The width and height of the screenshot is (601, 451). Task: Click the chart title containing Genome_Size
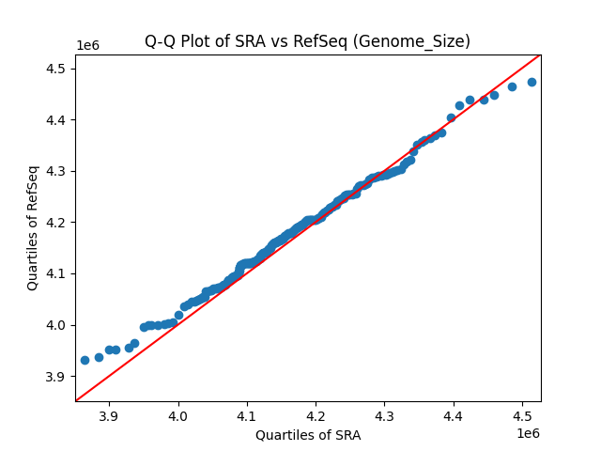(307, 41)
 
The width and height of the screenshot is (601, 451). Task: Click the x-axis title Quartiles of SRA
(307, 435)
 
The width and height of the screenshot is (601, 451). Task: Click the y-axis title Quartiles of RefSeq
(33, 227)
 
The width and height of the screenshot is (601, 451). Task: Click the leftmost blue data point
(85, 360)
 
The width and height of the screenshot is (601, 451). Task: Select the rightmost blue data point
(532, 82)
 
